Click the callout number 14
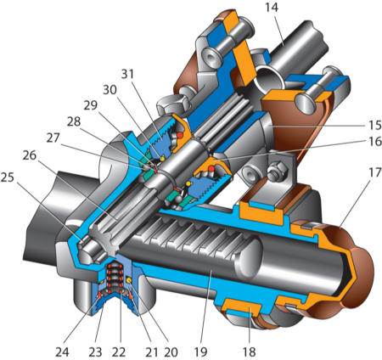(272, 8)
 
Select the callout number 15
(375, 126)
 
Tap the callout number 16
(375, 141)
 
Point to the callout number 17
(375, 172)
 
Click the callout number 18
(250, 352)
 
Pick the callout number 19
(200, 352)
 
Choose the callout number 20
(171, 352)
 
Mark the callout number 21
(151, 352)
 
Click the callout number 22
(119, 352)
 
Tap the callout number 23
(95, 352)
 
